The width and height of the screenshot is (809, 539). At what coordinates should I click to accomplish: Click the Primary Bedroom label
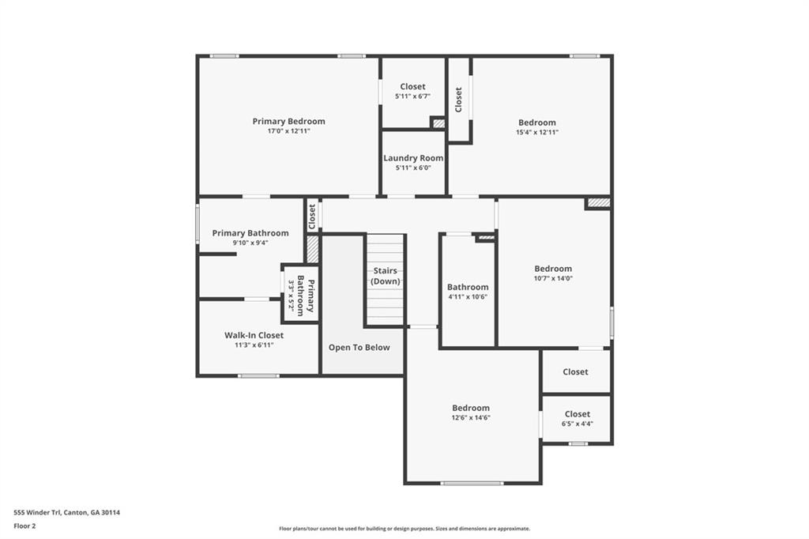(x=288, y=121)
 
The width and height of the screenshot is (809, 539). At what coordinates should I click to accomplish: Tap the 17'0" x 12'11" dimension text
(x=288, y=131)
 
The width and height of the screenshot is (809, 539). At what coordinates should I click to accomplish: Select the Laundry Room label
(x=413, y=158)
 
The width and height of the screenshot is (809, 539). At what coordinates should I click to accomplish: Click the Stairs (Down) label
(x=386, y=276)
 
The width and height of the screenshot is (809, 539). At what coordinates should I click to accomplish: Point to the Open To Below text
(x=359, y=348)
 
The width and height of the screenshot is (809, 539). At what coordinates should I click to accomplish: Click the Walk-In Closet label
(x=254, y=335)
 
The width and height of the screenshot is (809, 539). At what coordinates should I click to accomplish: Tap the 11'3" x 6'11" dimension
(x=254, y=345)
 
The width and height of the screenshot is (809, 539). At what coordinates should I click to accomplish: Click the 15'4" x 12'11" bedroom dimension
(x=537, y=132)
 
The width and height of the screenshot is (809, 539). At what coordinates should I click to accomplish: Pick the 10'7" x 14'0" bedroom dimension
(x=553, y=278)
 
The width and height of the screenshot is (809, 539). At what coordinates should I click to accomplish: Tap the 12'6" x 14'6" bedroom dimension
(x=471, y=417)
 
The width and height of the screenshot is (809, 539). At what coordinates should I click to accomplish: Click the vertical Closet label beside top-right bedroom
(x=458, y=100)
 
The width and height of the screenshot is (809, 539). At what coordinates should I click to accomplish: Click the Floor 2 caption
(x=25, y=525)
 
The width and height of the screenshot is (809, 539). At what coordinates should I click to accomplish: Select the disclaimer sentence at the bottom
(x=404, y=529)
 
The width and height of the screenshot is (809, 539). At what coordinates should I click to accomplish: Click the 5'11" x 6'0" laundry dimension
(x=413, y=168)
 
